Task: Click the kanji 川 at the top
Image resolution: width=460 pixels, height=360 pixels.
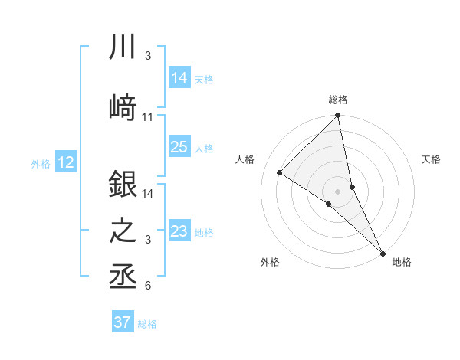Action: (123, 47)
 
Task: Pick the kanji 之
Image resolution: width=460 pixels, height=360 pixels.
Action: (123, 231)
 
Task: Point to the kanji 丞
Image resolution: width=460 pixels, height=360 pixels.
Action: (123, 277)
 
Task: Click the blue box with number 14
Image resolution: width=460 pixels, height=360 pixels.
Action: (179, 77)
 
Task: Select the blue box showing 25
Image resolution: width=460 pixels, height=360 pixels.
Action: (179, 147)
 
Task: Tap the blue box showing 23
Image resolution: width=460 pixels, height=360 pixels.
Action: (179, 231)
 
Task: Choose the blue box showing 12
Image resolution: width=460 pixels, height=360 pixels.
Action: (65, 162)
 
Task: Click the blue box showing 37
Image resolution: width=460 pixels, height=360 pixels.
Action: (123, 322)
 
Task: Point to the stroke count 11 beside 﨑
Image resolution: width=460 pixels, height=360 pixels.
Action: (148, 117)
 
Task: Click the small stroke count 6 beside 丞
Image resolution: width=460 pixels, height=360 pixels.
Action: (148, 286)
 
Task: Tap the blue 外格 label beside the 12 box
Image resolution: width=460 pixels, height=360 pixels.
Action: (41, 163)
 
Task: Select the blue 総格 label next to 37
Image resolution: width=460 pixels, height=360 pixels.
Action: (147, 324)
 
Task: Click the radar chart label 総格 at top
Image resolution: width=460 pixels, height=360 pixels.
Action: (338, 100)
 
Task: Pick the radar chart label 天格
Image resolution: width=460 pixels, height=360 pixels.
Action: (432, 159)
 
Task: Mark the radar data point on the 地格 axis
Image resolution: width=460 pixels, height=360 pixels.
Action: (383, 252)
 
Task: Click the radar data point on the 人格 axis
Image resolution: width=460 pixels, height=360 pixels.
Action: (279, 172)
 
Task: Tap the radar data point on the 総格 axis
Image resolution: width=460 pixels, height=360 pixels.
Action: (337, 116)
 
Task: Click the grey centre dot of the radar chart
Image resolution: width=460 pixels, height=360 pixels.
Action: (337, 191)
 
